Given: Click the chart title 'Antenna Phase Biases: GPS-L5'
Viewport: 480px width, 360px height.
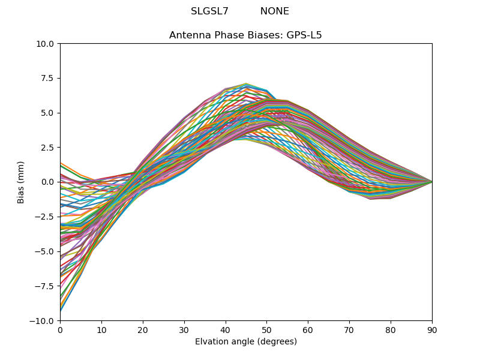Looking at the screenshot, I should pyautogui.click(x=245, y=35).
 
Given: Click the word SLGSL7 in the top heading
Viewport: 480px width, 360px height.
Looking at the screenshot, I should pyautogui.click(x=209, y=11).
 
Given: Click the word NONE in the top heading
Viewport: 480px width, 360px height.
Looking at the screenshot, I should pyautogui.click(x=274, y=11).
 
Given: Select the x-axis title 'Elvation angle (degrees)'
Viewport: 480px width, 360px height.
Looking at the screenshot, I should pyautogui.click(x=245, y=342).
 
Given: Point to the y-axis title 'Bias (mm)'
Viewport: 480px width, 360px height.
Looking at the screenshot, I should pyautogui.click(x=21, y=182).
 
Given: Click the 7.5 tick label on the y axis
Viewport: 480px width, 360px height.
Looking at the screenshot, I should pyautogui.click(x=48, y=78).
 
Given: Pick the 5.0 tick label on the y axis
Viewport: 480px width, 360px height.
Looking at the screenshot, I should pyautogui.click(x=48, y=113).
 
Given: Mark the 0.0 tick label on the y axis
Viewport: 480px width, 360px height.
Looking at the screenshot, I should pyautogui.click(x=48, y=182).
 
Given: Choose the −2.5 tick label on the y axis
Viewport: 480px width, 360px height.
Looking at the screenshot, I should pyautogui.click(x=46, y=217).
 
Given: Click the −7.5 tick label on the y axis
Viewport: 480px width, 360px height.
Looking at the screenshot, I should pyautogui.click(x=46, y=286).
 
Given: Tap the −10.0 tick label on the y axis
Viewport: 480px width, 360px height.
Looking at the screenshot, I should pyautogui.click(x=43, y=320).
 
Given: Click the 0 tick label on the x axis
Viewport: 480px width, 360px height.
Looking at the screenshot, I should pyautogui.click(x=60, y=329).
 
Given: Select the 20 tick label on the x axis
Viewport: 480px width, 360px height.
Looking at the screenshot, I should pyautogui.click(x=143, y=329).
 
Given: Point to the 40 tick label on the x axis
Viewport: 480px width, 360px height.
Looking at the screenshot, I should pyautogui.click(x=226, y=329).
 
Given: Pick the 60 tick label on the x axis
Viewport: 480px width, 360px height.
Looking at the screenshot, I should pyautogui.click(x=308, y=329).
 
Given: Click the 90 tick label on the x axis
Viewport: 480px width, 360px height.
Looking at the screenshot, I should pyautogui.click(x=432, y=329).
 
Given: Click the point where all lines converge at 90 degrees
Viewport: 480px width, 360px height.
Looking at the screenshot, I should pyautogui.click(x=432, y=182).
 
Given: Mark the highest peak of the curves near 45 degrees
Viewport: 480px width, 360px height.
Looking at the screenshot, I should pyautogui.click(x=246, y=83).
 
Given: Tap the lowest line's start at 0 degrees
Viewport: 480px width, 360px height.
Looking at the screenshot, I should pyautogui.click(x=61, y=311).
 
